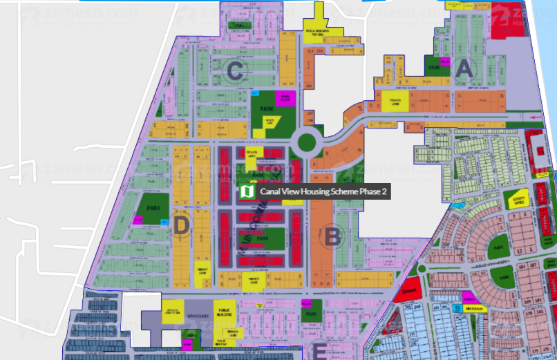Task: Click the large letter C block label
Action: pos(235,69)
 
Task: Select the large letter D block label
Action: pos(181,225)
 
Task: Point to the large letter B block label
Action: pos(332,237)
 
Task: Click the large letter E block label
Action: pos(319,351)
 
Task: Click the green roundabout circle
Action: pos(306,143)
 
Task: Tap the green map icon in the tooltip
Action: pos(247,191)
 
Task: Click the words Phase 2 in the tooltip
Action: pos(374,191)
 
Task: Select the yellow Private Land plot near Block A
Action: pos(396,104)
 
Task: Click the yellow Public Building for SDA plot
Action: pos(323,30)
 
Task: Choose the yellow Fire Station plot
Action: pos(473,308)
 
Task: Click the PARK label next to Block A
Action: pos(433,68)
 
